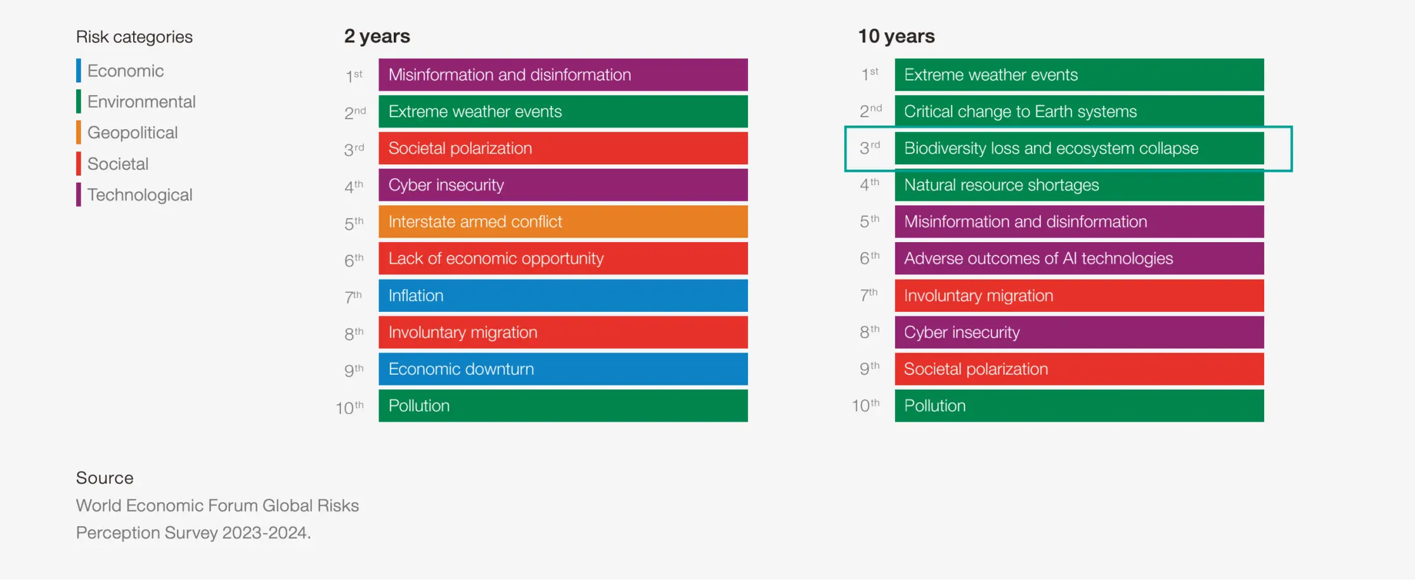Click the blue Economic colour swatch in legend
[79, 70]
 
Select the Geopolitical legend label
[132, 132]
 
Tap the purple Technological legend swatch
[79, 195]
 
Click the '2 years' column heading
[377, 36]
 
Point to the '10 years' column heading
[896, 36]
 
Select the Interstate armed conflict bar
[563, 222]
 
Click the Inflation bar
[563, 295]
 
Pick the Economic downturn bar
[563, 369]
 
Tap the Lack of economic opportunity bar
[563, 259]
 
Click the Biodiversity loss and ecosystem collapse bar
[1079, 148]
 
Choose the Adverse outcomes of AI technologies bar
[1079, 259]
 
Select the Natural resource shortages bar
[1079, 185]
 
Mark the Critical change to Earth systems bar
[1079, 112]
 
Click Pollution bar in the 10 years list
[1079, 406]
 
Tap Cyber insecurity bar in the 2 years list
[563, 185]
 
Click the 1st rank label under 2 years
[354, 76]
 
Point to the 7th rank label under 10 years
[869, 295]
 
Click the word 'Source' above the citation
[105, 478]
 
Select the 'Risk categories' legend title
[134, 37]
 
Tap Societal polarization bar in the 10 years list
[1079, 369]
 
